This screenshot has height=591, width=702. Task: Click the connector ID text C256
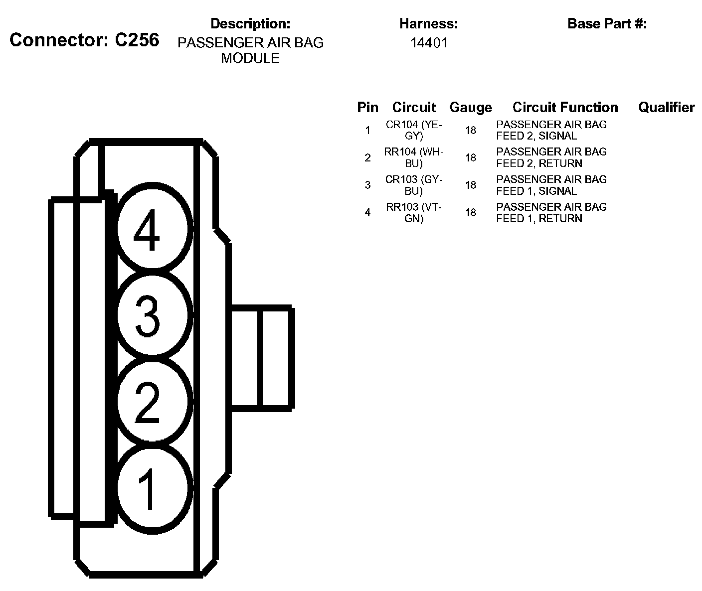(137, 40)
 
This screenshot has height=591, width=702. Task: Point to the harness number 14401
(429, 43)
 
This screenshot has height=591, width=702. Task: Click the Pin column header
(367, 108)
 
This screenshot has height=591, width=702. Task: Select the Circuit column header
(414, 108)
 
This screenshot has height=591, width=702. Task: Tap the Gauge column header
(470, 108)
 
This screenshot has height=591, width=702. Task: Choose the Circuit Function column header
(565, 108)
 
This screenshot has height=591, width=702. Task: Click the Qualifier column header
(666, 108)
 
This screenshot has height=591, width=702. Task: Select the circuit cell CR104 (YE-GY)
(414, 130)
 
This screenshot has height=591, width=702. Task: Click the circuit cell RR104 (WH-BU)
(414, 157)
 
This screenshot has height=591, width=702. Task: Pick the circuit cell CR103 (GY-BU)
(414, 185)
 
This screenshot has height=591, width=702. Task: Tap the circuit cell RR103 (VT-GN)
(414, 212)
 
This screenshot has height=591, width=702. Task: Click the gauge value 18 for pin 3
(471, 185)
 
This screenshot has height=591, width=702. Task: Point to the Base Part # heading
(607, 24)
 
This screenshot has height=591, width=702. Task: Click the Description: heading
(250, 24)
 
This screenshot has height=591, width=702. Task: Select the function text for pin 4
(551, 212)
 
